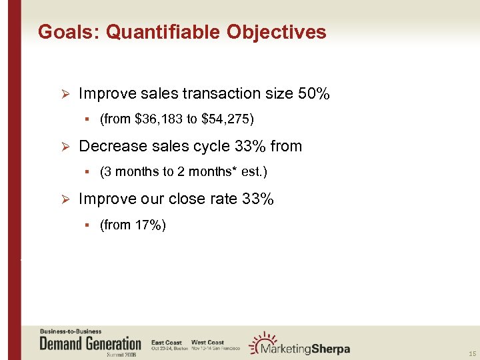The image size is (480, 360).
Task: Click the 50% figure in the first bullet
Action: (313, 94)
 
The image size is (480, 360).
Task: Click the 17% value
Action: (149, 225)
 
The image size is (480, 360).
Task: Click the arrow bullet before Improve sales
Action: (64, 94)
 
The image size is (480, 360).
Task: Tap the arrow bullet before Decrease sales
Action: (64, 147)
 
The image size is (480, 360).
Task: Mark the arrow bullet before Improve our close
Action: (64, 199)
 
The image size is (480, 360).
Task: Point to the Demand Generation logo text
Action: (91, 344)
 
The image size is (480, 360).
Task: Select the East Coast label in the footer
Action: (167, 342)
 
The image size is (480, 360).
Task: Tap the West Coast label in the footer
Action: (207, 342)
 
